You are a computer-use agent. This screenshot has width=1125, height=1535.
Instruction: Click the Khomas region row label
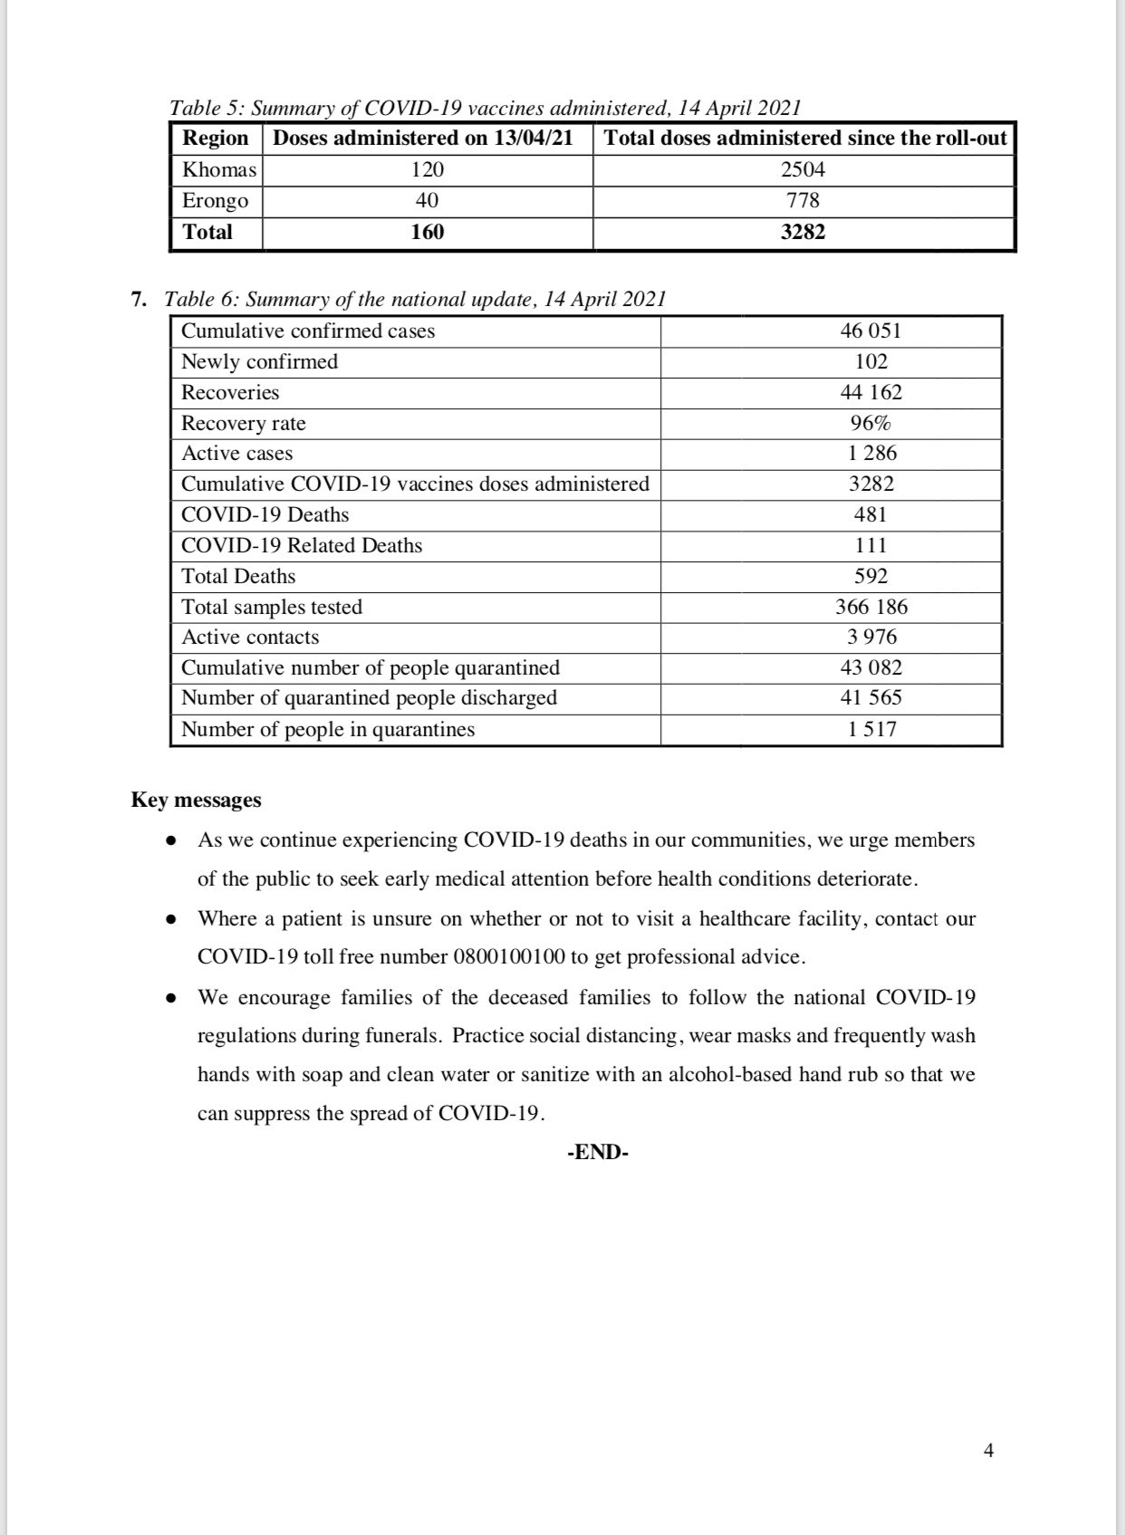click(219, 170)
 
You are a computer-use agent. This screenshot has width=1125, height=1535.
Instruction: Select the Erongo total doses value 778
click(803, 201)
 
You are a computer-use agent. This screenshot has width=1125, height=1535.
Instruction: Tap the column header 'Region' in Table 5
click(216, 139)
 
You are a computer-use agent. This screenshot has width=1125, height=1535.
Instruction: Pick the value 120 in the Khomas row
click(427, 170)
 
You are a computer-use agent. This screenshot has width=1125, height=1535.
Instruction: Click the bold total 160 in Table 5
click(427, 232)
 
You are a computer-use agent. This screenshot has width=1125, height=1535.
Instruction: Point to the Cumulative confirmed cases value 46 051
click(870, 331)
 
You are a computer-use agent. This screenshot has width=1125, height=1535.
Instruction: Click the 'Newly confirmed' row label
click(259, 361)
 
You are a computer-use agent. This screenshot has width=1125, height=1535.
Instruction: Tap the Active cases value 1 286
click(872, 454)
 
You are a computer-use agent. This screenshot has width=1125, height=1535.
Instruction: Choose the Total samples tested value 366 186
click(871, 607)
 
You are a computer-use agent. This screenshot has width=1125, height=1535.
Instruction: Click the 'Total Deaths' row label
click(238, 576)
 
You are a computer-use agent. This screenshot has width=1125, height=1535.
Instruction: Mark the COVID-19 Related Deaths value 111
click(870, 545)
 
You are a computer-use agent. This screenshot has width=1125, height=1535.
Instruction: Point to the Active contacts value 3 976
click(872, 638)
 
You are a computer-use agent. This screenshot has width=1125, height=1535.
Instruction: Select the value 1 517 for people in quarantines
click(872, 729)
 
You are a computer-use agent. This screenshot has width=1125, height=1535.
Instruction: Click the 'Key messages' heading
click(196, 801)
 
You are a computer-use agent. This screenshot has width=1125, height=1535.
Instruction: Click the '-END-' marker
click(598, 1153)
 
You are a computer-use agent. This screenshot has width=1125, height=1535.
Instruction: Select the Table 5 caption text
click(486, 108)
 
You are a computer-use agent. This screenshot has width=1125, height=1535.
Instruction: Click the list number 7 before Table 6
click(139, 300)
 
